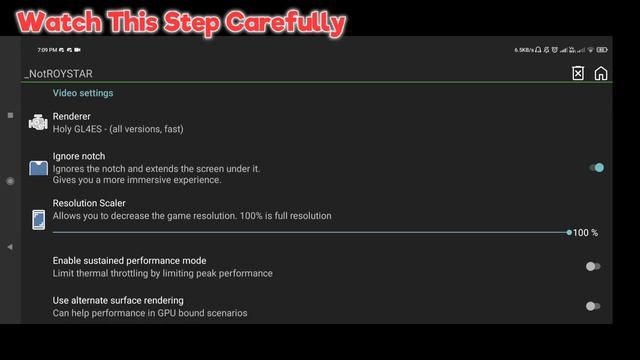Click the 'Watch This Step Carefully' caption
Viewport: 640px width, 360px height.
tap(181, 22)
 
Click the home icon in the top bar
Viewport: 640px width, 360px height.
tap(601, 73)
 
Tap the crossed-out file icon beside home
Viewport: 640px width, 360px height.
tap(578, 73)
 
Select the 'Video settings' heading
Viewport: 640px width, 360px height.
tap(83, 93)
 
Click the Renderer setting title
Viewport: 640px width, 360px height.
tap(71, 117)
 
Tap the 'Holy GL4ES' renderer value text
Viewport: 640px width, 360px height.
tap(118, 129)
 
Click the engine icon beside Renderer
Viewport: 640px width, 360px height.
tap(38, 123)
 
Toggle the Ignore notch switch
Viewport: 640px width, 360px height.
tap(595, 168)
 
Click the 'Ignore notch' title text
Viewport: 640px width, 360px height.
tap(79, 156)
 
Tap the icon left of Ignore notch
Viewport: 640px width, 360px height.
tap(38, 168)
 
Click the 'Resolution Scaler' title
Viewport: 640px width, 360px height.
tap(89, 203)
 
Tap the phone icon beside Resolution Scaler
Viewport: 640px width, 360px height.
tap(38, 220)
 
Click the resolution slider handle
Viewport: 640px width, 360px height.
tap(569, 232)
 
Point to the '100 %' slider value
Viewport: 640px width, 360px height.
tap(585, 233)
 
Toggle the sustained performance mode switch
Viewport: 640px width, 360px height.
tap(593, 266)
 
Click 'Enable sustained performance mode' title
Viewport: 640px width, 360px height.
tap(129, 260)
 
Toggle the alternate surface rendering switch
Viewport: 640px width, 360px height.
tap(593, 306)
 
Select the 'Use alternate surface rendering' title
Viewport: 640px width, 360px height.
tap(118, 300)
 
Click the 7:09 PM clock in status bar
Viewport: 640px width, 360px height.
tap(46, 49)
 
